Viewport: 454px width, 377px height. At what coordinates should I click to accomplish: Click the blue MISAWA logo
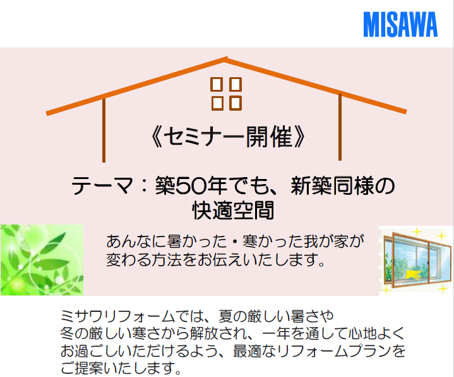click(x=400, y=25)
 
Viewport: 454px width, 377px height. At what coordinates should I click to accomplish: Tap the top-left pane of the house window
click(x=217, y=84)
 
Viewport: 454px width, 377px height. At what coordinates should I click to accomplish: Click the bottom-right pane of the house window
click(x=236, y=103)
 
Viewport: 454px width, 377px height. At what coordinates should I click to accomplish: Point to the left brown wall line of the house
click(x=104, y=130)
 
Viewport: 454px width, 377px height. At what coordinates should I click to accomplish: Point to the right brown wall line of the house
click(x=340, y=127)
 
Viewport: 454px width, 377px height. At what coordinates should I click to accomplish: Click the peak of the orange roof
click(x=226, y=59)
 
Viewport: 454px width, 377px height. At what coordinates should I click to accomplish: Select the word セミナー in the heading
click(x=205, y=137)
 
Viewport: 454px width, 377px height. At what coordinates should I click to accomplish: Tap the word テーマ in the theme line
click(x=102, y=186)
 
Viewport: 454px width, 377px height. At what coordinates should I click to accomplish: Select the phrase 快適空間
click(x=233, y=210)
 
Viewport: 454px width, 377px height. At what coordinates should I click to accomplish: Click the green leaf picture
click(x=42, y=260)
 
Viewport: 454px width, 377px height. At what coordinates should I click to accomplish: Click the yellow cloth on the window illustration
click(x=412, y=275)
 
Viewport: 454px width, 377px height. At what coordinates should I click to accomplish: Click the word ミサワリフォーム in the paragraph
click(x=118, y=316)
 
